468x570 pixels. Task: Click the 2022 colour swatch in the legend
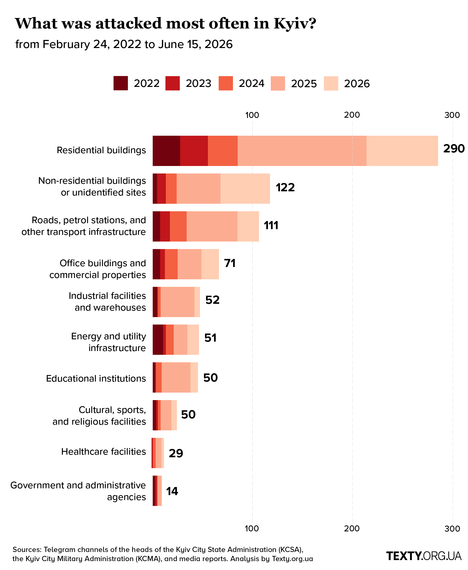[x=120, y=83]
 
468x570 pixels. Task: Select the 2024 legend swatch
[x=226, y=83]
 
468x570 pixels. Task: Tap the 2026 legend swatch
[x=331, y=83]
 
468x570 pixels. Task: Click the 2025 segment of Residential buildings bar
[x=302, y=151]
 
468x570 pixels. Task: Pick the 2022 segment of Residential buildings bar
[x=166, y=151]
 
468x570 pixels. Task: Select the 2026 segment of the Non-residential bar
[x=245, y=188]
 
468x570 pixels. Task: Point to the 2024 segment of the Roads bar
[x=178, y=226]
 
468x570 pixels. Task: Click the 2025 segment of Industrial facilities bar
[x=177, y=302]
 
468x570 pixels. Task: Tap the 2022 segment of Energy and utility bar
[x=158, y=340]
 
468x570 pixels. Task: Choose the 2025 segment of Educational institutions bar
[x=176, y=377]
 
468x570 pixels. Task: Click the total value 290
[x=454, y=149]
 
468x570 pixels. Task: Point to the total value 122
[x=285, y=187]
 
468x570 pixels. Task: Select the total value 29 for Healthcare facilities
[x=176, y=454]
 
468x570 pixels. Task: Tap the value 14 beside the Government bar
[x=172, y=491]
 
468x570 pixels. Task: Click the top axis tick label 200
[x=352, y=115]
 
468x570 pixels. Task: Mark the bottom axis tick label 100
[x=252, y=529]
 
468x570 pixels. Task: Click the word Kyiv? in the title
[x=295, y=24]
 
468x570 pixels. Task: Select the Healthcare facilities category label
[x=103, y=452]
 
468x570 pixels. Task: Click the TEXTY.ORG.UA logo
[x=424, y=556]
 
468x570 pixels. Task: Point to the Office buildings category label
[x=98, y=269]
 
